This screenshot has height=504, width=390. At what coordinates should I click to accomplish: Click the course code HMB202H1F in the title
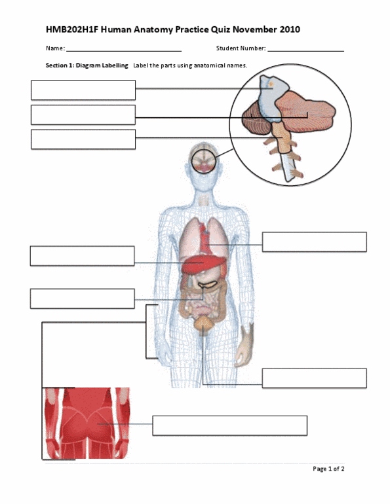pos(72,29)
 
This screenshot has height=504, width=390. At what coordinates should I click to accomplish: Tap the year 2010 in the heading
pos(290,29)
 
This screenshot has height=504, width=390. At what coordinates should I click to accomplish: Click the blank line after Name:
pos(124,51)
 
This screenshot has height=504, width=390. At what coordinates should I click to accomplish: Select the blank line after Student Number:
pos(305,51)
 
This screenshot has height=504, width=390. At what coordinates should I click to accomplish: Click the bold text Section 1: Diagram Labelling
pos(87,65)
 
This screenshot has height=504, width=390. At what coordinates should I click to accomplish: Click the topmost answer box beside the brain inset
pos(83,90)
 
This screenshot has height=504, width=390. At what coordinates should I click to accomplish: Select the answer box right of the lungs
pos(315,242)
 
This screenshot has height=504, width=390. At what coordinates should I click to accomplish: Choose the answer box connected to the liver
pos(83,256)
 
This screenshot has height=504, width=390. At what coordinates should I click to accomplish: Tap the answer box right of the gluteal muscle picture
pos(230,425)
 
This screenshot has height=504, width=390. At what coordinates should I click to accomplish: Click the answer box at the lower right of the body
pos(315,378)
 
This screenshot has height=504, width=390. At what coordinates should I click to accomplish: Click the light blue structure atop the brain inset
pos(273,96)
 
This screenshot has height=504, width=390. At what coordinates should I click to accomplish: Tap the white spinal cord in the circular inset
pos(288,167)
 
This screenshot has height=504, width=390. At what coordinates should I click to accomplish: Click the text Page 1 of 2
pos(328,469)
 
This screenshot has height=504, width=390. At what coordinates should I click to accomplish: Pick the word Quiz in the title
pos(220,29)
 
